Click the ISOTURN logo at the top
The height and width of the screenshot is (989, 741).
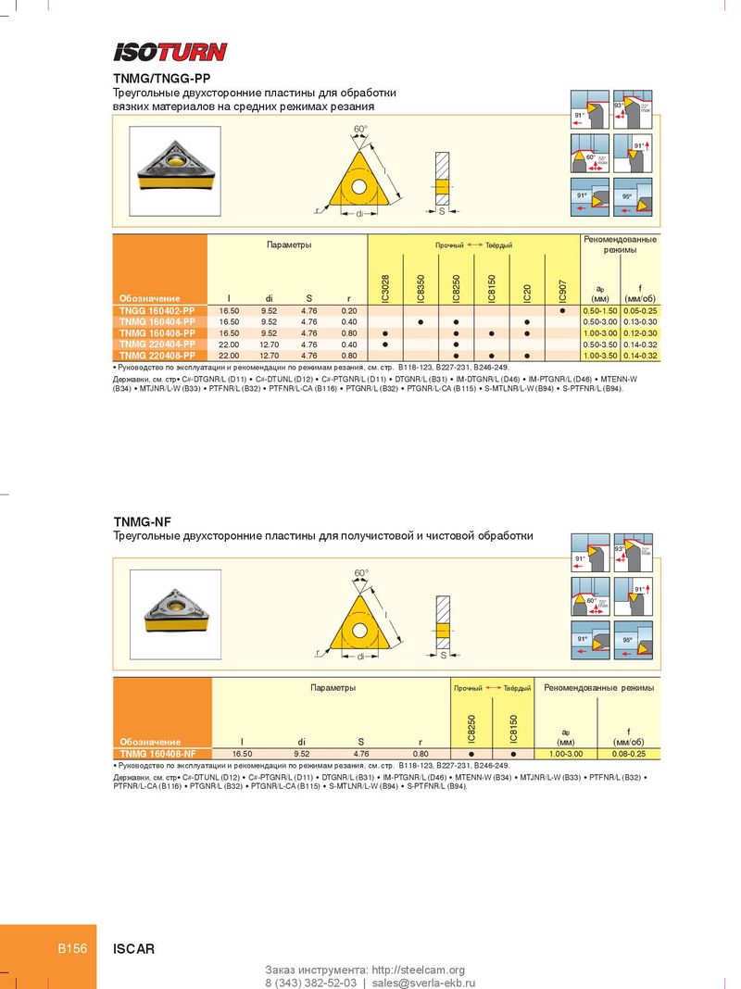(170, 52)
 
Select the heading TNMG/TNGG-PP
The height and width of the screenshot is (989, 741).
(163, 80)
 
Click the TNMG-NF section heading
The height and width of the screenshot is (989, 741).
(143, 522)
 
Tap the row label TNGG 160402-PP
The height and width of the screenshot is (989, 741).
(157, 309)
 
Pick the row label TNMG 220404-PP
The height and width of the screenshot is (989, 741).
(157, 344)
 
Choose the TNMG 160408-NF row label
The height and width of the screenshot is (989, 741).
(157, 754)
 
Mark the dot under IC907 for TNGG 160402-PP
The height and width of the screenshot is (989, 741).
(562, 309)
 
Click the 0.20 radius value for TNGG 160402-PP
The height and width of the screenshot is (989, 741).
(349, 309)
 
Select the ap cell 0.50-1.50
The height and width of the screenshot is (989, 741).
(599, 309)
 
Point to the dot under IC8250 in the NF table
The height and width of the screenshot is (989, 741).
(471, 754)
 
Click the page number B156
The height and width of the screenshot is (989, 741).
(72, 948)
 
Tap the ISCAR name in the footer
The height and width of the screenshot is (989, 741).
(133, 948)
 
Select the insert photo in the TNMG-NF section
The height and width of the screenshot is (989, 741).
(174, 609)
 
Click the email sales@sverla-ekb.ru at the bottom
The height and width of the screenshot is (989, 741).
(423, 982)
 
